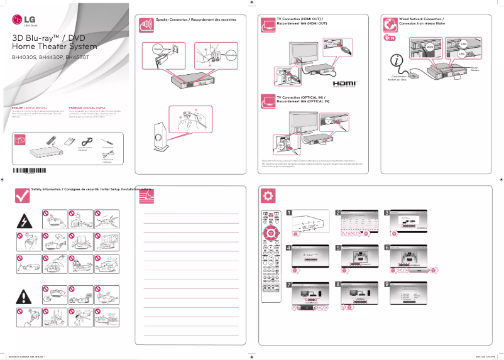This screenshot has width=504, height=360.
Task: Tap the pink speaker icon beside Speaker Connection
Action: pyautogui.click(x=145, y=24)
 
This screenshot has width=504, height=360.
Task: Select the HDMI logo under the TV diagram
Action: pyautogui.click(x=344, y=83)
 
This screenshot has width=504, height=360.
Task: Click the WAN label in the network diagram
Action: pyautogui.click(x=430, y=47)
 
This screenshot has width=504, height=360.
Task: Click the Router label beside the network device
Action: pyautogui.click(x=474, y=68)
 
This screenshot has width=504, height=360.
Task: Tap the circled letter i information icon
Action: pyautogui.click(x=397, y=61)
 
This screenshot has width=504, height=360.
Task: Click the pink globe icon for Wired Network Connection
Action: pyautogui.click(x=390, y=24)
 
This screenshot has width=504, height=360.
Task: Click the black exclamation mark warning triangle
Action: pyautogui.click(x=25, y=296)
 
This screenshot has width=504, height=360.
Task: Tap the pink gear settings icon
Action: pyautogui.click(x=268, y=195)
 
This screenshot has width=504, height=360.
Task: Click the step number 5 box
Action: pyautogui.click(x=338, y=248)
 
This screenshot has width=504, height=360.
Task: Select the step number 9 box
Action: pyautogui.click(x=387, y=284)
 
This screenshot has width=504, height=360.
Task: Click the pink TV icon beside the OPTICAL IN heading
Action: pyautogui.click(x=268, y=101)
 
